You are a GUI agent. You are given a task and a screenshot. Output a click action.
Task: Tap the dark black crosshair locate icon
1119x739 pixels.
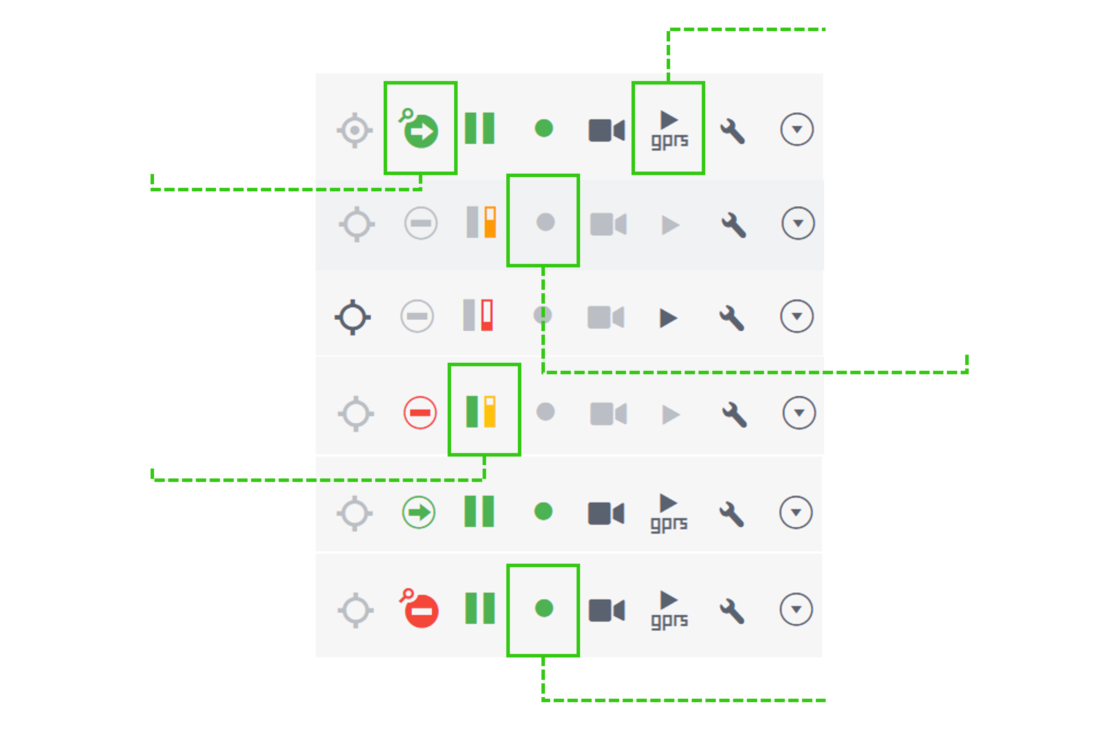pos(353,317)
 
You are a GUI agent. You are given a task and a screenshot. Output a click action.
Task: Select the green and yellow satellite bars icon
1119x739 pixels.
pos(481,411)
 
